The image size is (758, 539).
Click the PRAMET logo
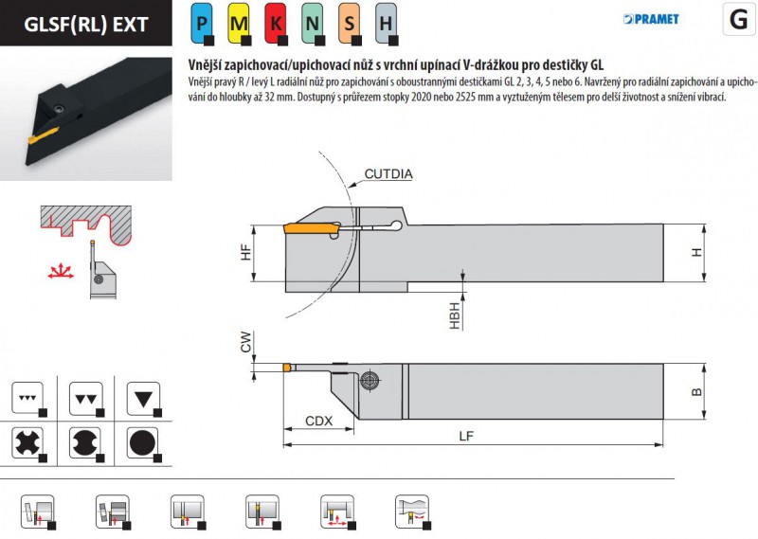coord(652,19)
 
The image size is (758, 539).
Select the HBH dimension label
coord(455,315)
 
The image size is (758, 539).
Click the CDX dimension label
coord(318,422)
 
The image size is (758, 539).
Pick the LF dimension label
coord(467,436)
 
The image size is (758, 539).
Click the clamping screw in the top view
coord(370,380)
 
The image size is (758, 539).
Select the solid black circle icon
coord(142,442)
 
